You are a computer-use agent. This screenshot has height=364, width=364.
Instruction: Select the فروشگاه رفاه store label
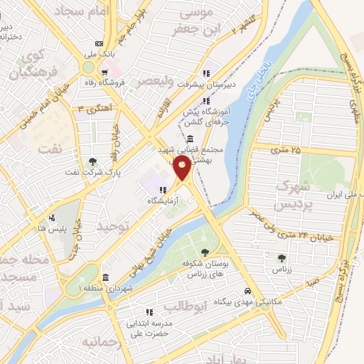(x=125, y=82)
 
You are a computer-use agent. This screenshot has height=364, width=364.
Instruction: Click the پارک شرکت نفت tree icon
(x=92, y=161)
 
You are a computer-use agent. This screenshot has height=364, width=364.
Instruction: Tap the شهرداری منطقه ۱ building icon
(x=105, y=277)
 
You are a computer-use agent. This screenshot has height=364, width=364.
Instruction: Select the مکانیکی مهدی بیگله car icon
(x=247, y=292)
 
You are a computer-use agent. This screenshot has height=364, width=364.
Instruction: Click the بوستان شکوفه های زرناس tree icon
(x=205, y=252)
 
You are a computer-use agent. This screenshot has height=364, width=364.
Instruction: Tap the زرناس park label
(x=278, y=271)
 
